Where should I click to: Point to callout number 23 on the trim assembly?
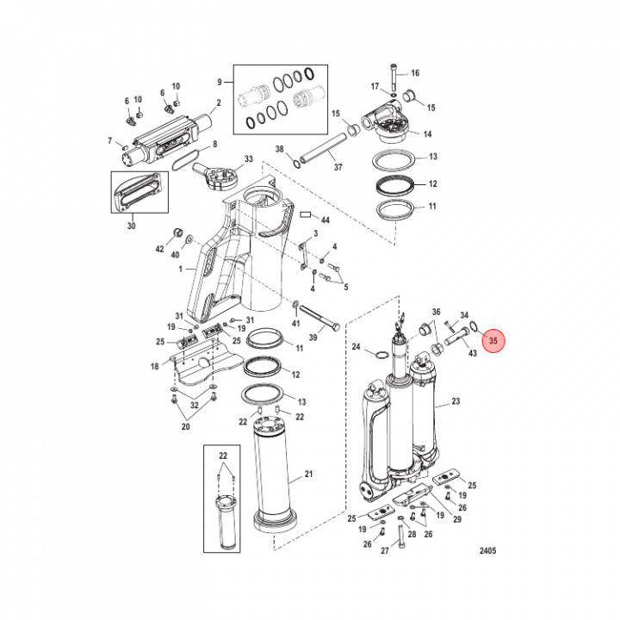tap(456, 401)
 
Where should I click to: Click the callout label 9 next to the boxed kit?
tap(220, 82)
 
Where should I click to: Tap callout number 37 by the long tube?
tap(338, 166)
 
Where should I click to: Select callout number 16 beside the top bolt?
tap(415, 73)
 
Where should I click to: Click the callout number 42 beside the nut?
tap(158, 248)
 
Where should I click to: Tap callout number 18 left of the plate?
tap(156, 366)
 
